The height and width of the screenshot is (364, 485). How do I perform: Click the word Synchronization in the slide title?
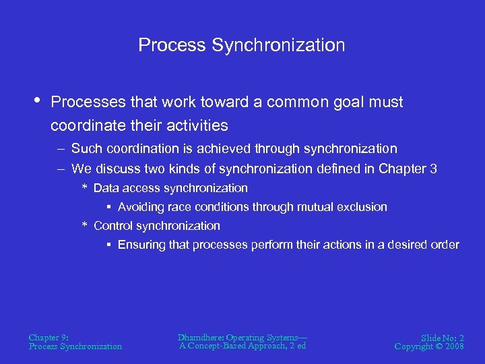coord(278,45)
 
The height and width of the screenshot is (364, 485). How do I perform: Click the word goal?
coord(357,102)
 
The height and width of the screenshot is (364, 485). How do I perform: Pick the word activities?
coord(195,125)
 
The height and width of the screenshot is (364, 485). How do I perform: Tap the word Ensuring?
coord(141,245)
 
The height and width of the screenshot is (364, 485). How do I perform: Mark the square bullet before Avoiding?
coord(108,207)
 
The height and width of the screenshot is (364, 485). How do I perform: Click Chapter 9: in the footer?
coord(48,337)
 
